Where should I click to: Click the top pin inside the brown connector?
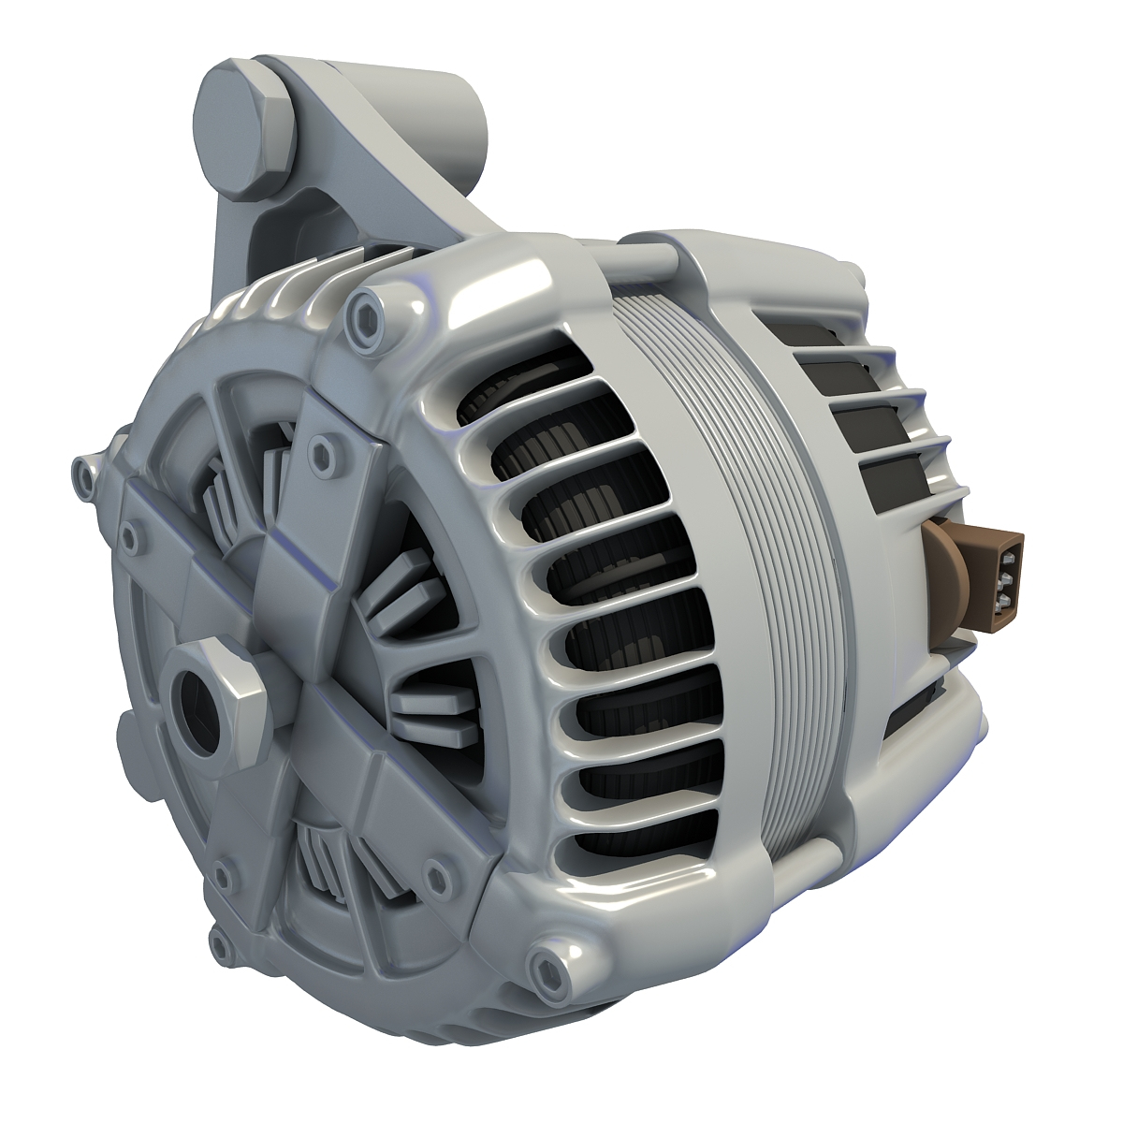pyautogui.click(x=1006, y=561)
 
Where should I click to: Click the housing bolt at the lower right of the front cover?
pyautogui.click(x=544, y=965)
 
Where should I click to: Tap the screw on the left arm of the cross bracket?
pyautogui.click(x=129, y=534)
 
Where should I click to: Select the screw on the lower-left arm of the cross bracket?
pyautogui.click(x=222, y=875)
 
